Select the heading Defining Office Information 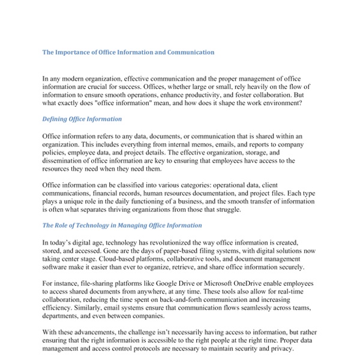tap(82, 119)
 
